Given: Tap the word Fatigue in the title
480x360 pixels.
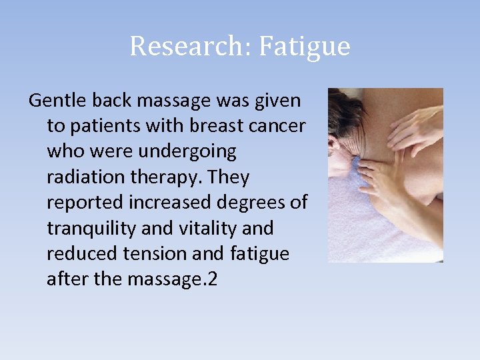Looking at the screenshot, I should click(304, 47).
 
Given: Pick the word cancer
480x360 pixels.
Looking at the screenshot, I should click(279, 127).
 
